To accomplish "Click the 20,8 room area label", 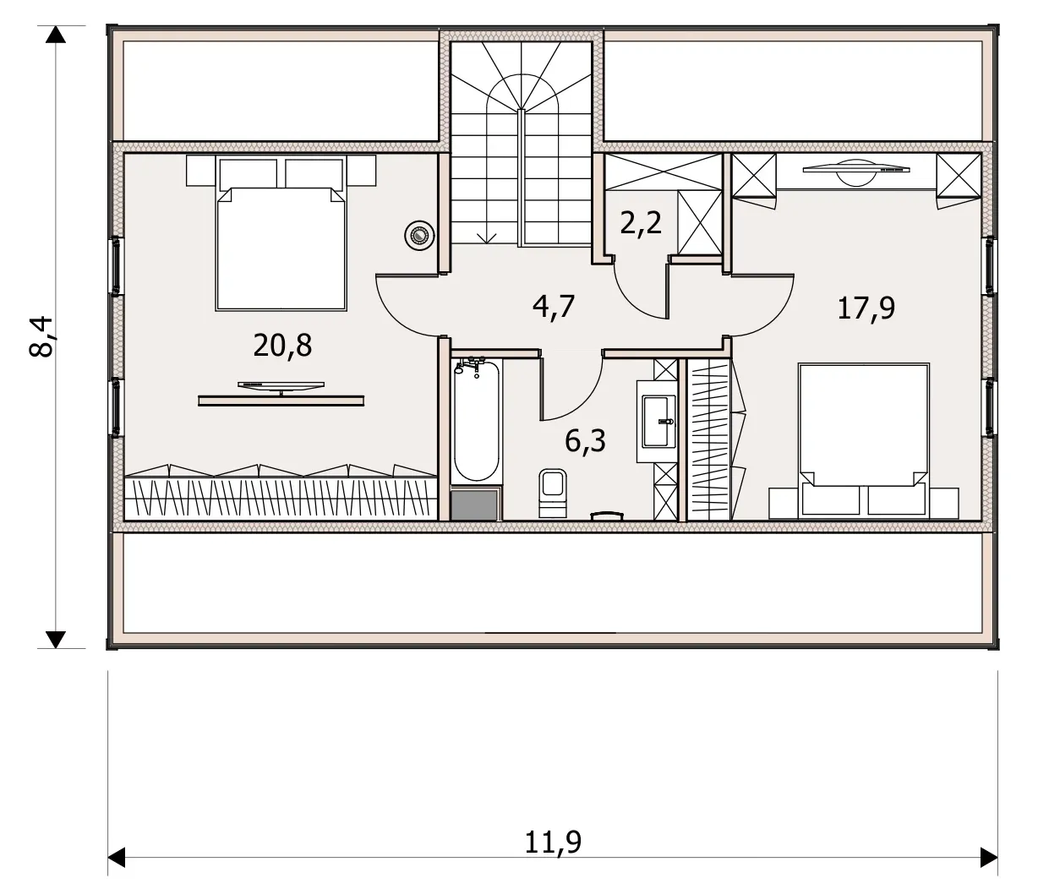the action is coord(282,346).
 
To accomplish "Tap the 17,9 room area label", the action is coord(866,308).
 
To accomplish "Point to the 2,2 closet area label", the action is coord(641,223).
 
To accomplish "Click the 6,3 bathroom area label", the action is coord(585,440).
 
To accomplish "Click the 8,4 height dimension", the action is coord(41,336).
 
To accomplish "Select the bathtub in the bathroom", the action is coord(476,420).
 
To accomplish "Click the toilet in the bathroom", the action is coord(553,493).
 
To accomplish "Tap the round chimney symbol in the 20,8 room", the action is coord(419,236).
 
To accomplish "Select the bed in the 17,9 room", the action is coord(864,441).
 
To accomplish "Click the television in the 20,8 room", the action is coord(281,388).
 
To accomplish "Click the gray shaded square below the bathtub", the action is coord(474,505).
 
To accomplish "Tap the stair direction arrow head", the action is coord(486,238).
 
